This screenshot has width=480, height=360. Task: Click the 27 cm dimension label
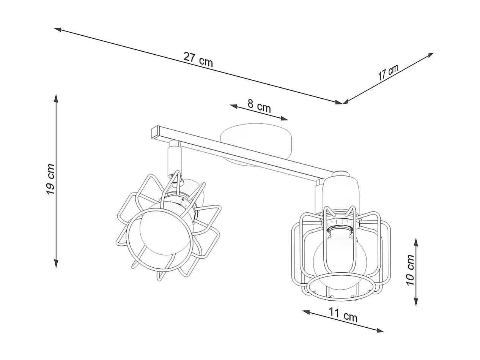coord(198,59)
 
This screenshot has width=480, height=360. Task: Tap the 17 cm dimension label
coord(388,72)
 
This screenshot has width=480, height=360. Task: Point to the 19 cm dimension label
coord(51,179)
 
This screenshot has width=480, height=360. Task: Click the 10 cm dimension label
coord(410,270)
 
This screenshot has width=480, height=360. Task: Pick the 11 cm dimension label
coord(343,315)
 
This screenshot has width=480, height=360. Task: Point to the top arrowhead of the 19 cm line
coord(56,98)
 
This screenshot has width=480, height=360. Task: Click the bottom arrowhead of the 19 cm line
coord(56,264)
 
